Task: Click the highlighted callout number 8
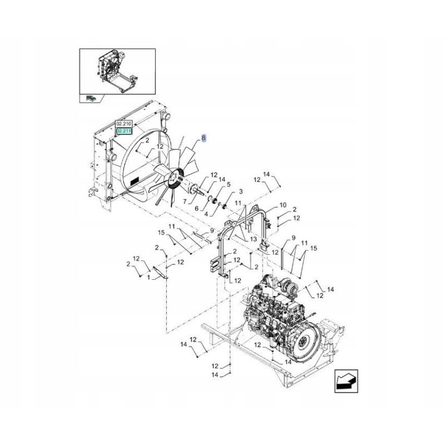coord(204,137)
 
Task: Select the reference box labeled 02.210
coord(122,125)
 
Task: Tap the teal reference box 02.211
coord(122,132)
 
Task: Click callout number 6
coord(196,208)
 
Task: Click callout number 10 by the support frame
coord(283,205)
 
